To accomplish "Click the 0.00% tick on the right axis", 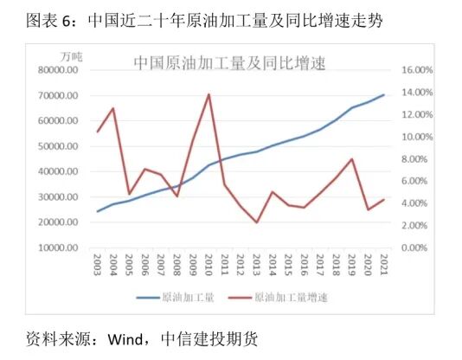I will coord(416,247).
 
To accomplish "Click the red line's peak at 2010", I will coord(209,94).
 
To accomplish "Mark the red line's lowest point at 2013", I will coord(257,222).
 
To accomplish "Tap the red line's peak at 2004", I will coord(113,108).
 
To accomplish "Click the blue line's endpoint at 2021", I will coord(384,95).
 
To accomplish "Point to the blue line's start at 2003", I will coord(98,211).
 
